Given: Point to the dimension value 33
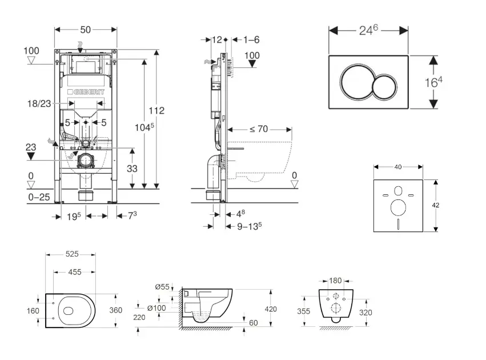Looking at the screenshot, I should click(132, 168).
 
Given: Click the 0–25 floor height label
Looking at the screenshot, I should click(38, 198).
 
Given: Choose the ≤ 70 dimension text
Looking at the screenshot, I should click(258, 129).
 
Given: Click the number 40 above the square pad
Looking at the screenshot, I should click(398, 167).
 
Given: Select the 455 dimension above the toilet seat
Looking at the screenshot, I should click(74, 273).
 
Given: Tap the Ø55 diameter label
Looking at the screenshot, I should click(162, 287).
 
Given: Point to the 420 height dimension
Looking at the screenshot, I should click(271, 309).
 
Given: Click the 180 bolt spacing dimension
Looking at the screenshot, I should click(336, 281).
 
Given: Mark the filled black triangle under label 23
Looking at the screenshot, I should click(31, 155).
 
